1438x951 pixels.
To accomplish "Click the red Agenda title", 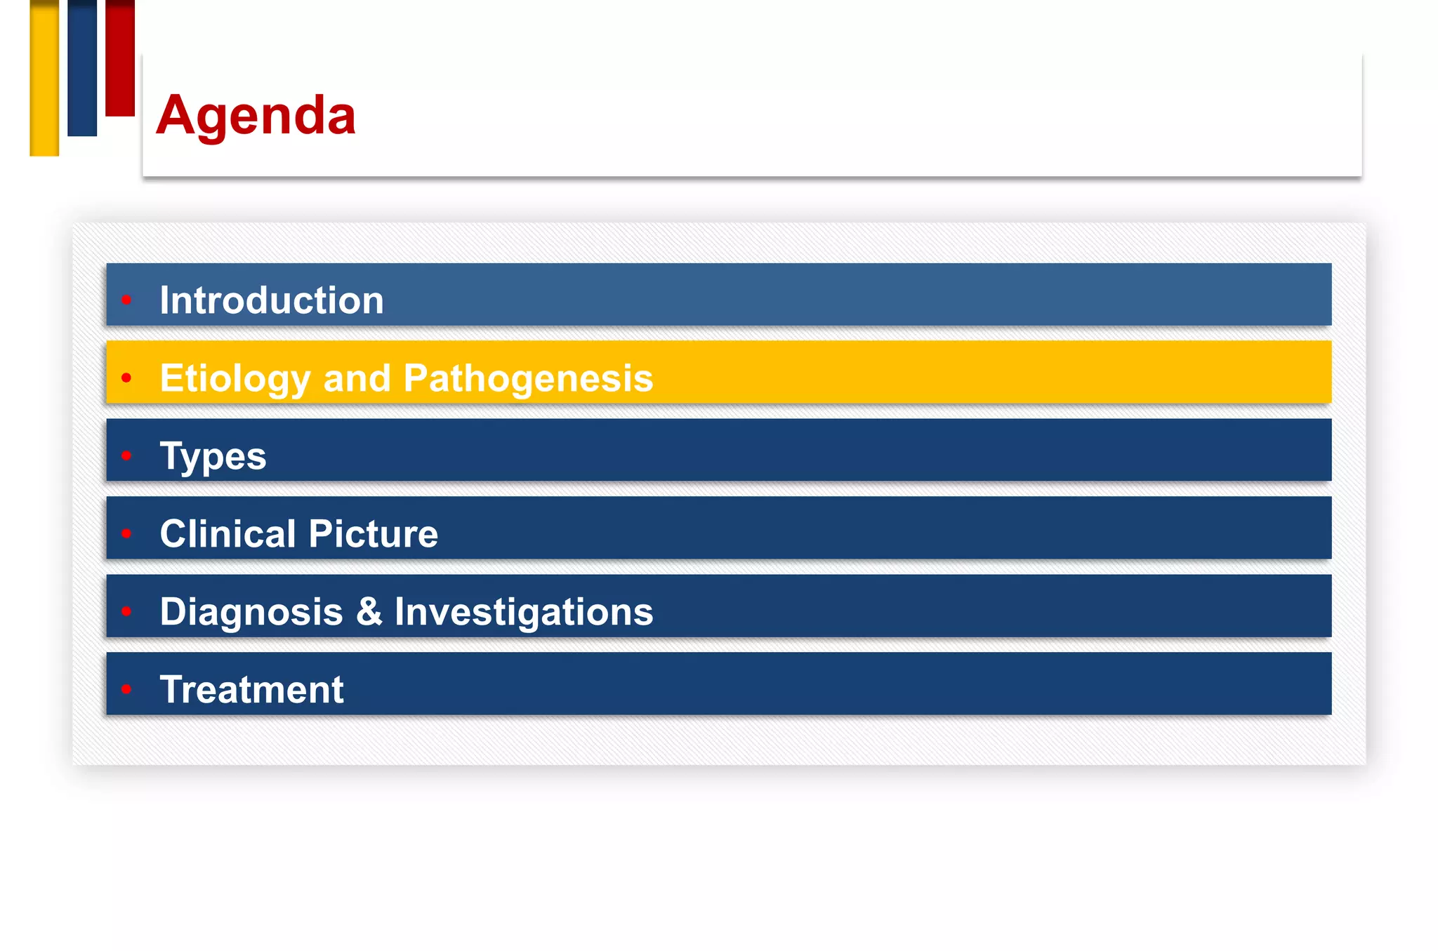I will point(256,116).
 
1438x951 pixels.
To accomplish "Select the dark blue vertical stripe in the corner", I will point(82,68).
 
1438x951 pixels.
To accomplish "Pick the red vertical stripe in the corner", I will point(120,58).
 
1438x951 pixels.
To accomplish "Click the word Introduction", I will point(272,300).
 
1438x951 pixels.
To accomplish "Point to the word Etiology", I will point(235,378).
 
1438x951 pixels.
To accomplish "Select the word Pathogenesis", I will point(528,378).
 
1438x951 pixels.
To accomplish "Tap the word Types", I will point(213,456).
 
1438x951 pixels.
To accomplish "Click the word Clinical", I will point(227,534).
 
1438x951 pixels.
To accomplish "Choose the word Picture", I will point(373,534).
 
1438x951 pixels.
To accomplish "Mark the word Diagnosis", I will point(251,612).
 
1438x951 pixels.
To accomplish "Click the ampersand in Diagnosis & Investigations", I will point(369,612).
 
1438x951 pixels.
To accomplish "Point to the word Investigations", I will point(524,612).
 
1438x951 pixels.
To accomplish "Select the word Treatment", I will point(251,690).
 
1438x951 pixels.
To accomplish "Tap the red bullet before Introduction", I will point(126,300).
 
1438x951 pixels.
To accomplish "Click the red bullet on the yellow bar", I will point(126,378).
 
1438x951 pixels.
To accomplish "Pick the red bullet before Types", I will point(126,456).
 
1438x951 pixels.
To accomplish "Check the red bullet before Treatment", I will point(126,689).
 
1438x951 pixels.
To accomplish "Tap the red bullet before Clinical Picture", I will point(126,534).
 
